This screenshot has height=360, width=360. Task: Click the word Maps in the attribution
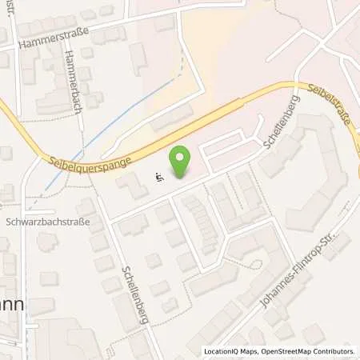coord(243,351)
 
